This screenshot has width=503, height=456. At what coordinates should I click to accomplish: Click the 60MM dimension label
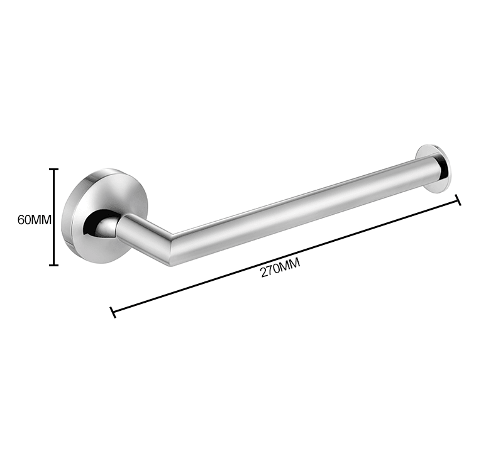[x=35, y=220]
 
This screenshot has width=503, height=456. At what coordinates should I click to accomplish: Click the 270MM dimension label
[x=280, y=268]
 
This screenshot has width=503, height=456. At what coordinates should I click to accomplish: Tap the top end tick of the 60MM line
[x=53, y=169]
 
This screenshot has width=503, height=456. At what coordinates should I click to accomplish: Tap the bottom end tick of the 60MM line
[x=53, y=265]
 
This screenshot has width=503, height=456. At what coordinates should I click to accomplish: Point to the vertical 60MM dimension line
[x=53, y=217]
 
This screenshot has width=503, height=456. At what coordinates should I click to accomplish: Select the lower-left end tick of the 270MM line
[x=113, y=312]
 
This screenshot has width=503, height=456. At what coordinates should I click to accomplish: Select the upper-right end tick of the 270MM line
[x=458, y=200]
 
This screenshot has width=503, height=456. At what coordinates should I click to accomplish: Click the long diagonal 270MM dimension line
[x=285, y=256]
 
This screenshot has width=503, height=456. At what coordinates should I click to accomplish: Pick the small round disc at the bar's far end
[x=433, y=169]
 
